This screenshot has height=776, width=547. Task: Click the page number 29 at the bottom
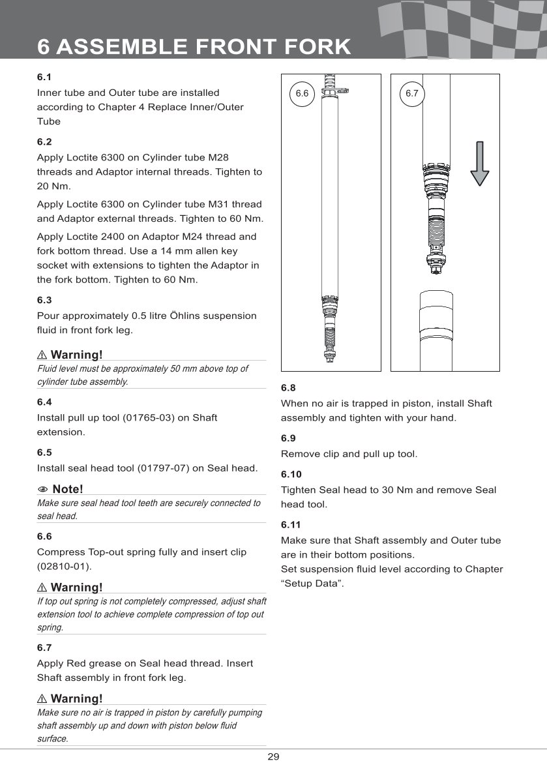pyautogui.click(x=273, y=757)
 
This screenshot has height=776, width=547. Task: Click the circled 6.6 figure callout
pyautogui.click(x=301, y=94)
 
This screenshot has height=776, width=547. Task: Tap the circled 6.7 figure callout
pyautogui.click(x=411, y=94)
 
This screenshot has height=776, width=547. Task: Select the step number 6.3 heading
pyautogui.click(x=44, y=301)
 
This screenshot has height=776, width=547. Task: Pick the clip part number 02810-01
pyautogui.click(x=64, y=566)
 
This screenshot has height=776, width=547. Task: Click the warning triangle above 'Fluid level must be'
pyautogui.click(x=42, y=355)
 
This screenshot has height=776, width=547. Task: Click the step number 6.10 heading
pyautogui.click(x=291, y=475)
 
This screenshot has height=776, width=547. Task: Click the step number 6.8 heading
pyautogui.click(x=288, y=388)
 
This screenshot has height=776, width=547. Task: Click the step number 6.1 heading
pyautogui.click(x=44, y=78)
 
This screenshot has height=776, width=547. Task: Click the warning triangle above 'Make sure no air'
pyautogui.click(x=42, y=699)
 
